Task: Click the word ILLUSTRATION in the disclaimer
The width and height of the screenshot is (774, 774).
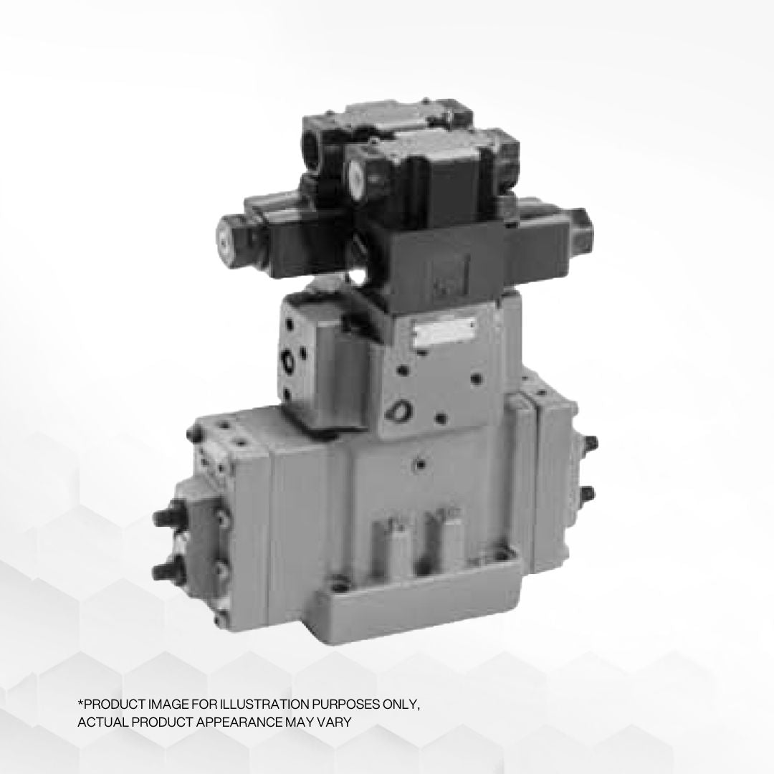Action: (x=262, y=704)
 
